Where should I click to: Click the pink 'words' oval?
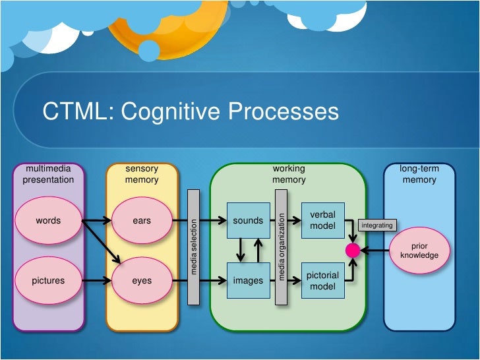pyautogui.click(x=48, y=220)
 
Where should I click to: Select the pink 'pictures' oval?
pyautogui.click(x=48, y=280)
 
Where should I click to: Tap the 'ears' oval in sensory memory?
pyautogui.click(x=142, y=220)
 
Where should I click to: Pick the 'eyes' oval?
pyautogui.click(x=142, y=280)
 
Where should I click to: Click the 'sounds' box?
pyautogui.click(x=249, y=220)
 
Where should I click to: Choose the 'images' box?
pyautogui.click(x=249, y=280)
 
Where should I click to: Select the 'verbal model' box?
pyautogui.click(x=323, y=220)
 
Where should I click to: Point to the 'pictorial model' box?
pyautogui.click(x=323, y=280)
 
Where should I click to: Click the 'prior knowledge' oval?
pyautogui.click(x=419, y=251)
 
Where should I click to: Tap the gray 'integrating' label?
pyautogui.click(x=377, y=225)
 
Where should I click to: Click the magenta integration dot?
pyautogui.click(x=353, y=251)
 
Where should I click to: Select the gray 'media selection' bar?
pyautogui.click(x=193, y=247)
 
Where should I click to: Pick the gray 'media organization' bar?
pyautogui.click(x=281, y=247)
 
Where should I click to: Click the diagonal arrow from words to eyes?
pyautogui.click(x=102, y=242)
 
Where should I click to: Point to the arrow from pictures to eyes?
pyautogui.click(x=97, y=280)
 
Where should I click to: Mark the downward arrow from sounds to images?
pyautogui.click(x=241, y=250)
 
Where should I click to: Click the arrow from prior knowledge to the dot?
pyautogui.click(x=375, y=251)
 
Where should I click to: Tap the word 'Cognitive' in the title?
pyautogui.click(x=171, y=111)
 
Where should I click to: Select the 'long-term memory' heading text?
pyautogui.click(x=419, y=174)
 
